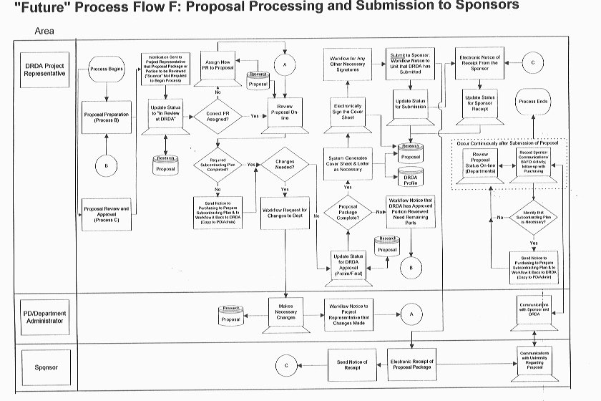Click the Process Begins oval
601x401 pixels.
(107, 69)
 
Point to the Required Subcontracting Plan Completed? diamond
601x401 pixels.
(216, 164)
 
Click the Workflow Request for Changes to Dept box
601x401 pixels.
(285, 213)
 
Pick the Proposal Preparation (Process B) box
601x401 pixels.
(107, 117)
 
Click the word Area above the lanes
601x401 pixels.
(44, 32)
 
